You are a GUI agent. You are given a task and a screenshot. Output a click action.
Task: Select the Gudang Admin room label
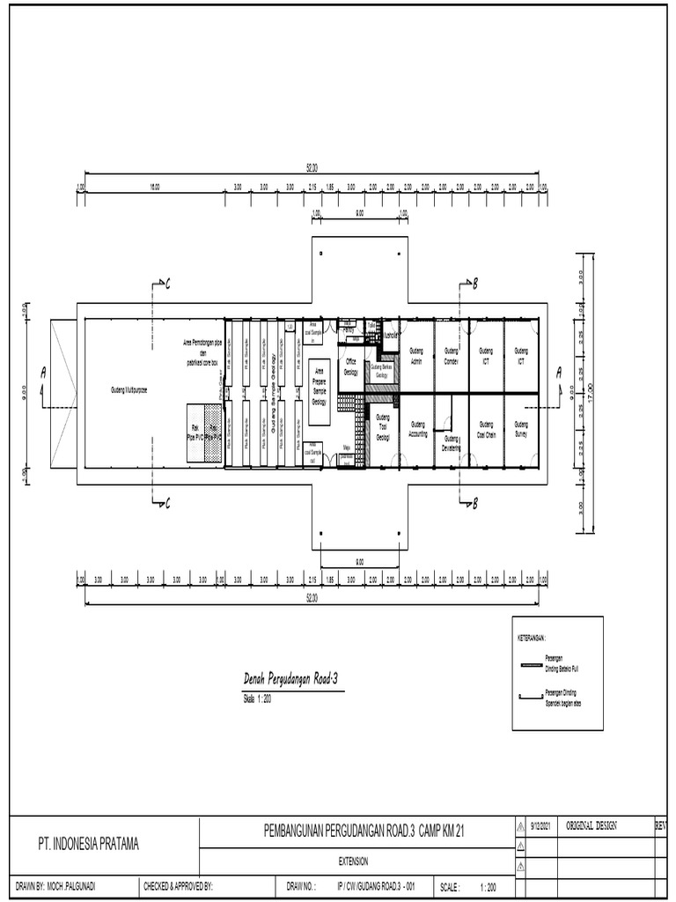pyautogui.click(x=417, y=355)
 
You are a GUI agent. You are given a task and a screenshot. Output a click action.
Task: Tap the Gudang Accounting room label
pyautogui.click(x=417, y=431)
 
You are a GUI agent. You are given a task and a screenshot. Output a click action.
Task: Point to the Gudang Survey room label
pyautogui.click(x=520, y=429)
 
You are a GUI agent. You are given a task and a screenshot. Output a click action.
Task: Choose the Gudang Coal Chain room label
pyautogui.click(x=486, y=429)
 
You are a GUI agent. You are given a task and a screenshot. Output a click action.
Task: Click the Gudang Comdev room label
pyautogui.click(x=452, y=355)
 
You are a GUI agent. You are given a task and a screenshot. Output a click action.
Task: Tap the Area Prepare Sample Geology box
pyautogui.click(x=319, y=386)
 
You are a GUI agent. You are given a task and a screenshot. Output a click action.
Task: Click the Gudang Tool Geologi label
pyautogui.click(x=383, y=427)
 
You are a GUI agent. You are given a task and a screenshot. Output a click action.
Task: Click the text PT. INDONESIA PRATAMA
pyautogui.click(x=88, y=844)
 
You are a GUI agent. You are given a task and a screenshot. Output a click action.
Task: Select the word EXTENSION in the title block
pyautogui.click(x=353, y=860)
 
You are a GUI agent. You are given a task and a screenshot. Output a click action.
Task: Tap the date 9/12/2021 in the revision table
pyautogui.click(x=540, y=826)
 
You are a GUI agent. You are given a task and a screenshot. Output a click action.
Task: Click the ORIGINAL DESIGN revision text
pyautogui.click(x=591, y=826)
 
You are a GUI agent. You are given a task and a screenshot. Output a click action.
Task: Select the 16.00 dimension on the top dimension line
pyautogui.click(x=154, y=187)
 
